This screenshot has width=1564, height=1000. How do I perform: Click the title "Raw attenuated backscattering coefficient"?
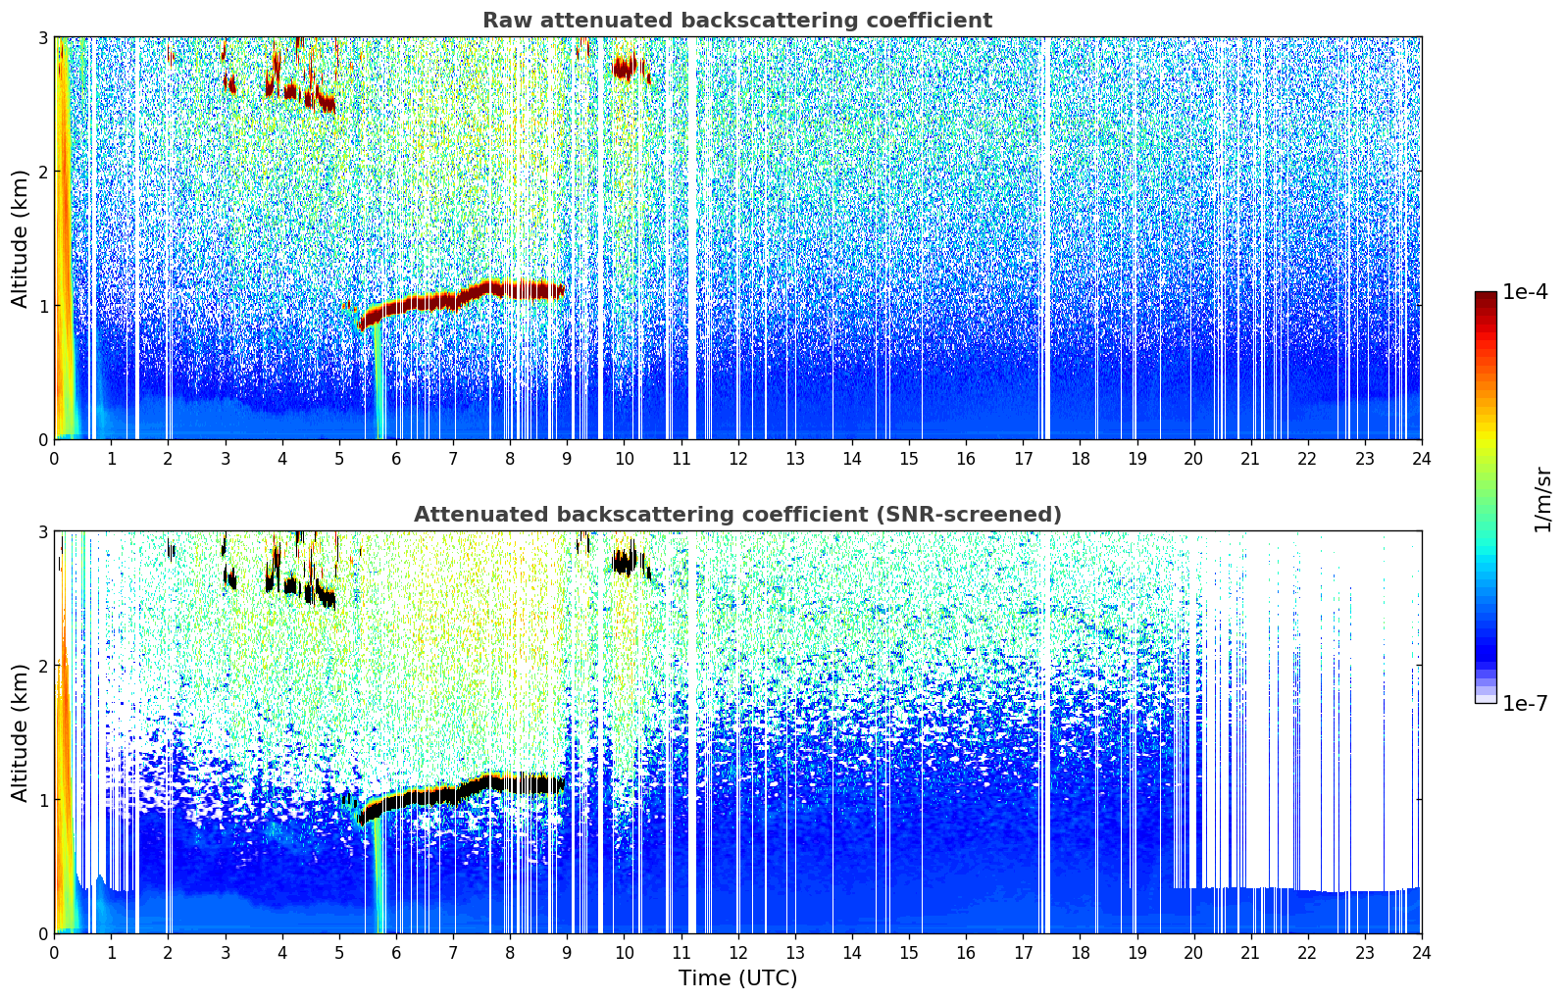(736, 21)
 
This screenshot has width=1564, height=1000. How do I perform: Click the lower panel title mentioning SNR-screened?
(736, 515)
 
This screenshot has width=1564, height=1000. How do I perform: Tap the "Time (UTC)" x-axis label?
(737, 978)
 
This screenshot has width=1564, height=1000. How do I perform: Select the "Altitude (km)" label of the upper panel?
(20, 238)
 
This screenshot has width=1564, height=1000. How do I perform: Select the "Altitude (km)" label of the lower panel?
(20, 732)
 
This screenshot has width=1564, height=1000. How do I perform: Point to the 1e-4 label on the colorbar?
(1525, 292)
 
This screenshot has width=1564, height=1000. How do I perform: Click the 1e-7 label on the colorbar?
(1525, 704)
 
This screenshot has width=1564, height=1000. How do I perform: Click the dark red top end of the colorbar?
(1486, 297)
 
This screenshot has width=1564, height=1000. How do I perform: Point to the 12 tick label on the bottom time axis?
(737, 952)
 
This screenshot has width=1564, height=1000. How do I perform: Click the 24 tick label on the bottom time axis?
(1421, 952)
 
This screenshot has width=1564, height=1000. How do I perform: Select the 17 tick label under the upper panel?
(1023, 458)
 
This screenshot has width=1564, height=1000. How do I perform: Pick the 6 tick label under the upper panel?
(396, 458)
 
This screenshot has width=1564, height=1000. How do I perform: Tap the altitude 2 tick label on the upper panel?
(42, 172)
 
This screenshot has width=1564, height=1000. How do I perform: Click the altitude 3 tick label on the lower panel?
(42, 531)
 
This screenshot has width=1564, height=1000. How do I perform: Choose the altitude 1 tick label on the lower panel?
(42, 800)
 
